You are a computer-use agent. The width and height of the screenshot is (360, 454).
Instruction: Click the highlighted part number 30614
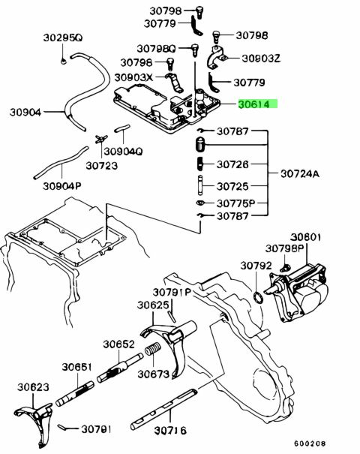pyautogui.click(x=253, y=104)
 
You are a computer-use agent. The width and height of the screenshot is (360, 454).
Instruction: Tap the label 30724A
pyautogui.click(x=300, y=174)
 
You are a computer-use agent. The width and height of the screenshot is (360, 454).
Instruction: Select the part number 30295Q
pyautogui.click(x=63, y=38)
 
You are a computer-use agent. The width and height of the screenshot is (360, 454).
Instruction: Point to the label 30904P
pyautogui.click(x=61, y=186)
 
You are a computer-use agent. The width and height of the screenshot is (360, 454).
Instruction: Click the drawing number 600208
pyautogui.click(x=310, y=443)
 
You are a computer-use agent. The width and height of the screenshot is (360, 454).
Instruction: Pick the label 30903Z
pyautogui.click(x=261, y=59)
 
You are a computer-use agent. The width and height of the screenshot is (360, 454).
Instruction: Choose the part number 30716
pyautogui.click(x=170, y=431)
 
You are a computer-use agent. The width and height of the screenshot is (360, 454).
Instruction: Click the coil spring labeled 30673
pyautogui.click(x=153, y=349)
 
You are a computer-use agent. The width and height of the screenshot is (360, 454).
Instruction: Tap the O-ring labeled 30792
pyautogui.click(x=258, y=298)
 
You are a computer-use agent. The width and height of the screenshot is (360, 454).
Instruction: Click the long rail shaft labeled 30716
pyautogui.click(x=163, y=409)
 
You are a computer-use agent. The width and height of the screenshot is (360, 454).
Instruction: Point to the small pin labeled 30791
pyautogui.click(x=63, y=427)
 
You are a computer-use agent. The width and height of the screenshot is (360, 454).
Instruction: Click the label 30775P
pyautogui.click(x=235, y=203)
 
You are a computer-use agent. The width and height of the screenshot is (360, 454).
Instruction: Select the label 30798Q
pyautogui.click(x=156, y=49)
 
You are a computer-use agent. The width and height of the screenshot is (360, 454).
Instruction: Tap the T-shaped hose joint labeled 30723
pyautogui.click(x=101, y=139)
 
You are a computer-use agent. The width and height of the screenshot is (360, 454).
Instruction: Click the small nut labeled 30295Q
pyautogui.click(x=64, y=62)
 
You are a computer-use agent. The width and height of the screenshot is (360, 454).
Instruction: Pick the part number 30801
pyautogui.click(x=305, y=237)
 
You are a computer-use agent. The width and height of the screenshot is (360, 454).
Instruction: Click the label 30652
pyautogui.click(x=119, y=344)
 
